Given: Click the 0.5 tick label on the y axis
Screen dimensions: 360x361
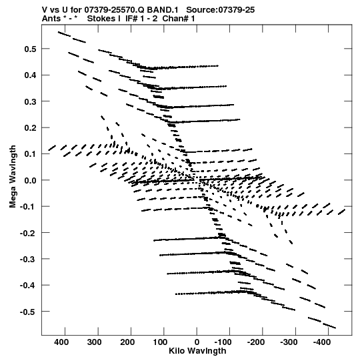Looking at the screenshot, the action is pyautogui.click(x=31, y=49).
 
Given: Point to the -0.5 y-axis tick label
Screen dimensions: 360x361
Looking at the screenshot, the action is pyautogui.click(x=28, y=312).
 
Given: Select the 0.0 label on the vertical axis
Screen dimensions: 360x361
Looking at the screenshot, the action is pyautogui.click(x=31, y=180).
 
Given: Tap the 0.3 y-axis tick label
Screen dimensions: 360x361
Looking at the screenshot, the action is pyautogui.click(x=31, y=101).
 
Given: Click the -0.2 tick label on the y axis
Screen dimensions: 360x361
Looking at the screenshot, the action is pyautogui.click(x=28, y=233).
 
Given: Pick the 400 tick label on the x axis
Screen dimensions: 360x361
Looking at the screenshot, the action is pyautogui.click(x=61, y=342).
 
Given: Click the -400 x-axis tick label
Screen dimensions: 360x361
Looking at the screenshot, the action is pyautogui.click(x=322, y=342).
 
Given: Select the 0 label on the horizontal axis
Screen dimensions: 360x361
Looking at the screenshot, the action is pyautogui.click(x=197, y=342).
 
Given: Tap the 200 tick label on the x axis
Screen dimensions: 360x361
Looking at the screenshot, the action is pyautogui.click(x=127, y=342).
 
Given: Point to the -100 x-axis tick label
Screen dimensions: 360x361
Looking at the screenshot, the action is pyautogui.click(x=223, y=342).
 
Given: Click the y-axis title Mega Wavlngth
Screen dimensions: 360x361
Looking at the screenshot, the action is pyautogui.click(x=13, y=177).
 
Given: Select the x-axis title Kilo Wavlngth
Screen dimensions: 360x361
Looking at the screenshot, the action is pyautogui.click(x=197, y=351).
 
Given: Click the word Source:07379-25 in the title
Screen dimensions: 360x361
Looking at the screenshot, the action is pyautogui.click(x=221, y=10).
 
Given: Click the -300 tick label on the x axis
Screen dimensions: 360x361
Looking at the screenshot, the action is pyautogui.click(x=289, y=342).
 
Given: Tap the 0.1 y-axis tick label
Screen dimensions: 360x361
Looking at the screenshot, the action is pyautogui.click(x=31, y=154).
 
